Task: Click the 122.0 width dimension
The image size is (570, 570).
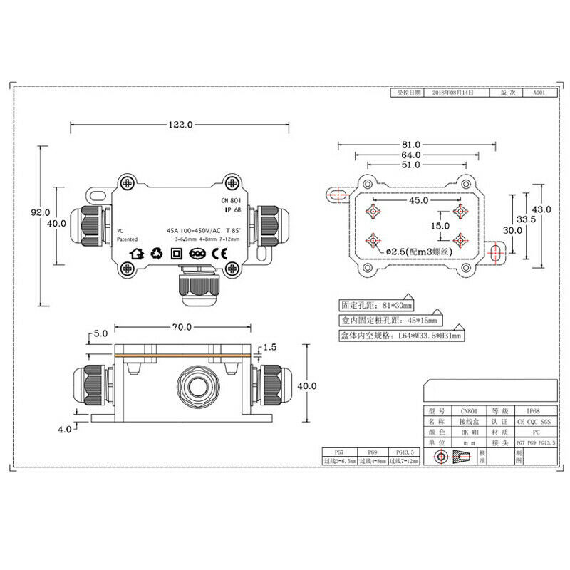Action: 180,125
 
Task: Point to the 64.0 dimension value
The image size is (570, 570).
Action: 410,155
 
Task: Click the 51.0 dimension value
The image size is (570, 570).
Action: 410,165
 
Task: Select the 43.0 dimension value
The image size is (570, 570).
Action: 543,209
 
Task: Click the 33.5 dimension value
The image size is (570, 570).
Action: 527,219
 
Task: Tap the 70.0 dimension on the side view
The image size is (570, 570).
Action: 180,327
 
